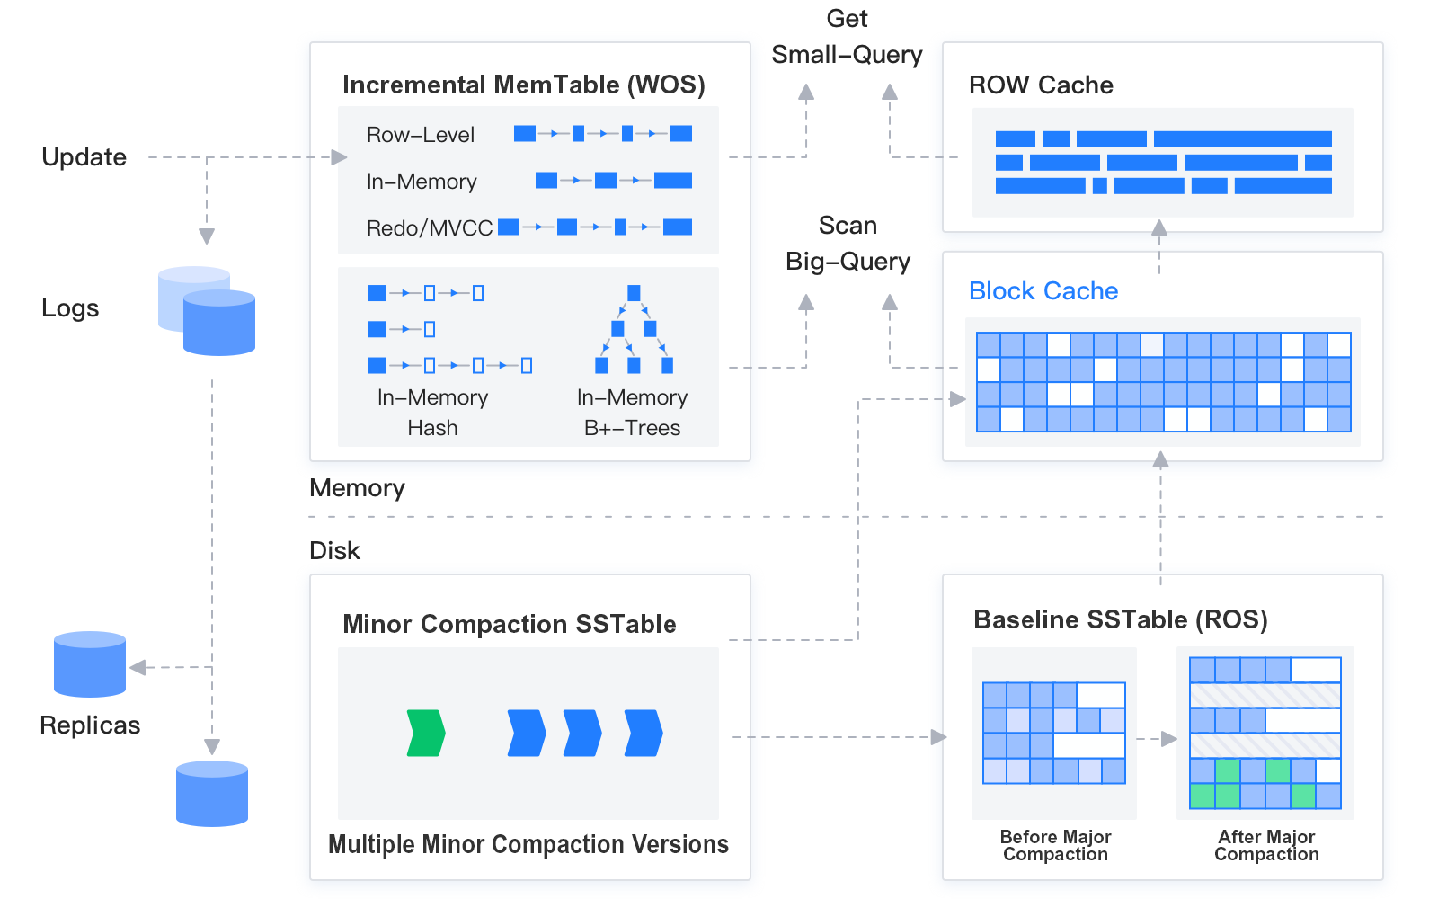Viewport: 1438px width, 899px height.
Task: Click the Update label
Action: click(84, 157)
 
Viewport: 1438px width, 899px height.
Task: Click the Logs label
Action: click(70, 308)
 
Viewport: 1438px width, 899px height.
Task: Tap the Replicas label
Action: click(90, 725)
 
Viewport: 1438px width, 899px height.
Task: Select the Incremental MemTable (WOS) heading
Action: click(523, 85)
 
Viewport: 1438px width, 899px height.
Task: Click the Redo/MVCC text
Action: click(429, 228)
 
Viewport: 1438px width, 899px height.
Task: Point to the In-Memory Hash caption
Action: click(432, 412)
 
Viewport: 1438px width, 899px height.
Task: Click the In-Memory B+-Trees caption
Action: click(632, 412)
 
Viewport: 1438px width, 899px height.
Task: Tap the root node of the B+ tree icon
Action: click(634, 293)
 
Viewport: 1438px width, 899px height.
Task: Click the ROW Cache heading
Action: click(1041, 85)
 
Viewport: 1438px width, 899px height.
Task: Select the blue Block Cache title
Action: click(1043, 291)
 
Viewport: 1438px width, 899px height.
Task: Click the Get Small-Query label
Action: click(847, 38)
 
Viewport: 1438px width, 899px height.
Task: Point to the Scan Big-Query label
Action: click(848, 244)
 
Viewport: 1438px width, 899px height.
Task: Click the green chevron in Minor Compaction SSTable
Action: click(426, 733)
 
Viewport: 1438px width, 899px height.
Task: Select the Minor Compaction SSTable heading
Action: click(509, 624)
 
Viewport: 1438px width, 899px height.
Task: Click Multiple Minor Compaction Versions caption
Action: click(528, 844)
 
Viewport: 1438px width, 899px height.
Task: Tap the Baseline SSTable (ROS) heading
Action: click(1120, 619)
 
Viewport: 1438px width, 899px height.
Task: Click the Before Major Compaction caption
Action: click(1055, 845)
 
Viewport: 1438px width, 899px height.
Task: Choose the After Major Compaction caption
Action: click(1266, 845)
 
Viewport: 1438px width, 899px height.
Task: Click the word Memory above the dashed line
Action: click(357, 488)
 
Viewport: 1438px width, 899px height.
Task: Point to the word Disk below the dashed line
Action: click(334, 551)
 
